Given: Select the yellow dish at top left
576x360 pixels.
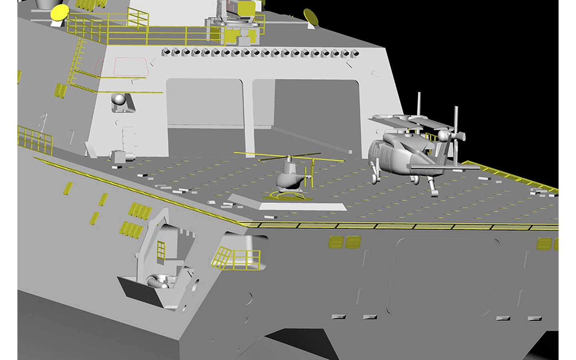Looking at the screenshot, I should pyautogui.click(x=59, y=12).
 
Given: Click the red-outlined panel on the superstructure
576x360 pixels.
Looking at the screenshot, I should pyautogui.click(x=131, y=66).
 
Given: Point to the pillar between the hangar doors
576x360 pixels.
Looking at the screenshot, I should pyautogui.click(x=248, y=116).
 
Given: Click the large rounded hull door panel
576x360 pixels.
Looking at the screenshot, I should pyautogui.click(x=443, y=276).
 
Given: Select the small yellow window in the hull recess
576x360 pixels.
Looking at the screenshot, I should pyautogui.click(x=161, y=250).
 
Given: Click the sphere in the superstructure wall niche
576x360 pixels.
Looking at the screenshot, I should pyautogui.click(x=118, y=99).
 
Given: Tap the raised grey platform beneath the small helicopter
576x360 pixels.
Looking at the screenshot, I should pyautogui.click(x=288, y=204).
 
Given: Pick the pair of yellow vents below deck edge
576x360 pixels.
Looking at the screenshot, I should pyautogui.click(x=344, y=242).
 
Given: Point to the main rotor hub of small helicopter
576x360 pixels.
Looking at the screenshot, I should pyautogui.click(x=289, y=157).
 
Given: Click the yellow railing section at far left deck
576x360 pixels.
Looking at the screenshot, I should pyautogui.click(x=35, y=139).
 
